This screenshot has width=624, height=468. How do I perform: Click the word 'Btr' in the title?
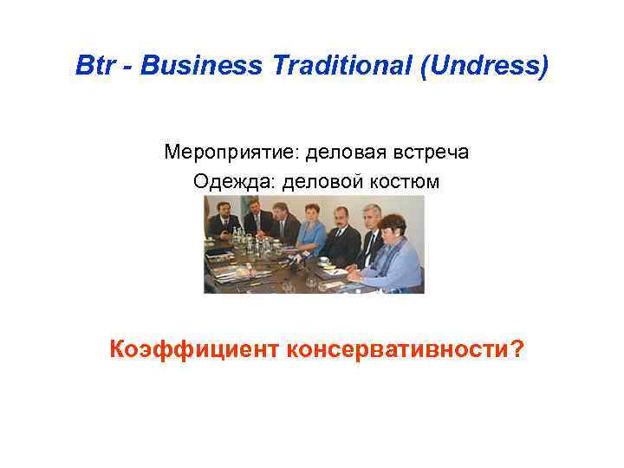click(93, 66)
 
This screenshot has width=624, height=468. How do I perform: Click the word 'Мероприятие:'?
click(224, 153)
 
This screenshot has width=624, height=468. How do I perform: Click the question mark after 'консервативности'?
click(517, 349)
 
